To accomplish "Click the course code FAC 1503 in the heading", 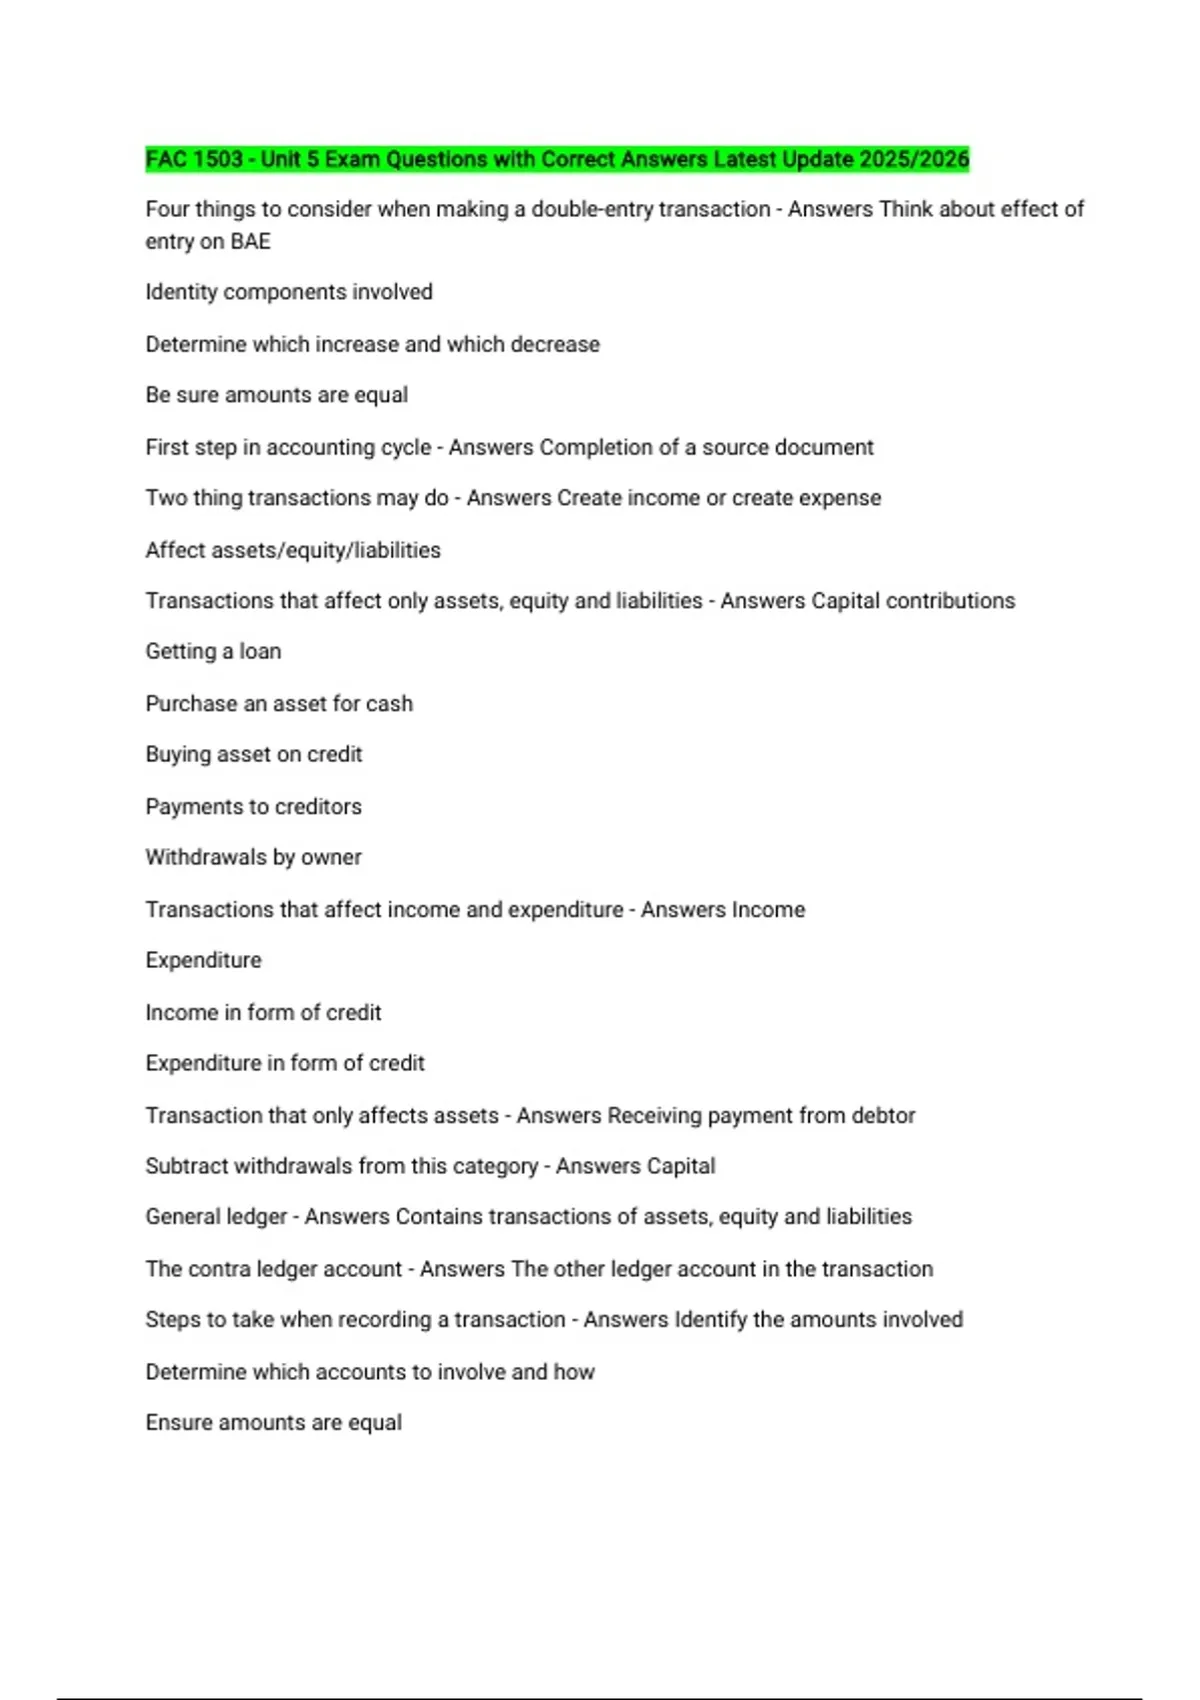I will [x=194, y=159].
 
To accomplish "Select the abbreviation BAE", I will [x=250, y=242].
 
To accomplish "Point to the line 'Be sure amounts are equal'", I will [x=276, y=395].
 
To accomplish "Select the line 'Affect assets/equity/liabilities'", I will [x=293, y=550].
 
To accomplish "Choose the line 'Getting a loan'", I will [x=213, y=652].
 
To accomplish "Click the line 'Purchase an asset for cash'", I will [x=279, y=704].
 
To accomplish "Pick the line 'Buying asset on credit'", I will [x=253, y=755].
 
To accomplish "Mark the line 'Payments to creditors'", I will [x=253, y=807].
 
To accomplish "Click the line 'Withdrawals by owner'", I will [x=253, y=858].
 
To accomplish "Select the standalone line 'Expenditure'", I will [x=203, y=961].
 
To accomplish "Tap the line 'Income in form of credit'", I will [x=263, y=1013].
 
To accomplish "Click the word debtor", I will [x=883, y=1116].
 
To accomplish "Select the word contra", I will [x=219, y=1269].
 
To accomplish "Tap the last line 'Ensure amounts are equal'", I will [x=273, y=1423].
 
